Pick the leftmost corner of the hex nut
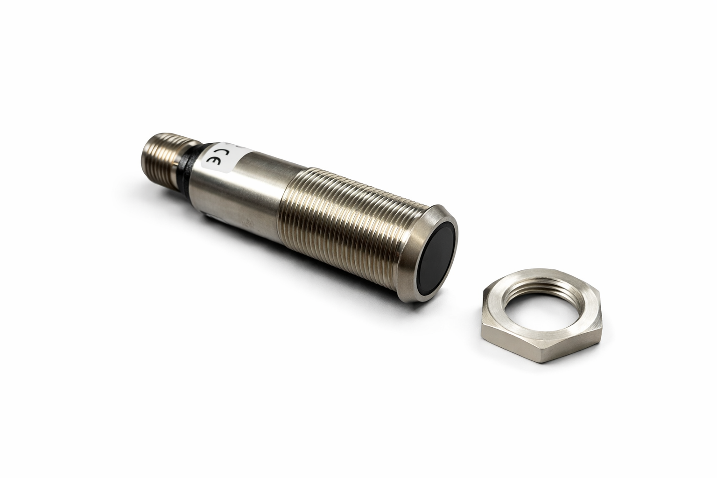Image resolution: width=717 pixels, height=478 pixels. click(481, 320)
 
